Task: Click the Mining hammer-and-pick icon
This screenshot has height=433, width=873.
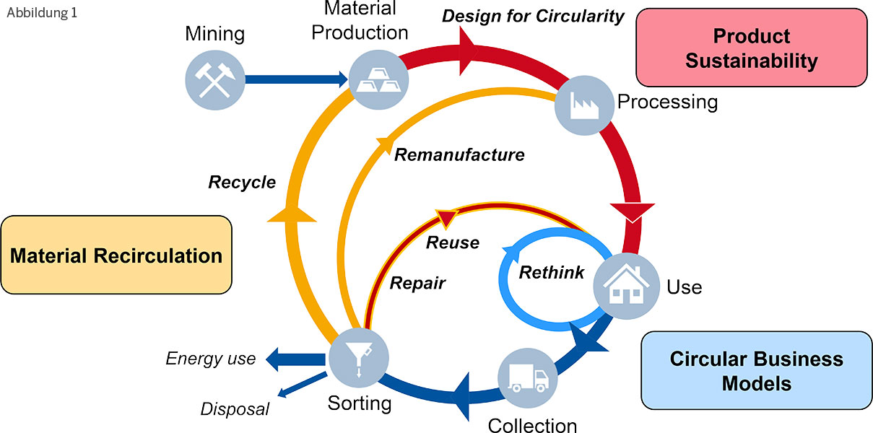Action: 215,79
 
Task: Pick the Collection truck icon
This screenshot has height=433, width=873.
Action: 528,380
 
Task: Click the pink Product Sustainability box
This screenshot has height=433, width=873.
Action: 751,48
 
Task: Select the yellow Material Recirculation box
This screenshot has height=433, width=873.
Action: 116,255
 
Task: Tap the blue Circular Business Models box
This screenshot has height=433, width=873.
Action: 756,370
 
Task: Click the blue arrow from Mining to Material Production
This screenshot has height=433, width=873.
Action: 296,79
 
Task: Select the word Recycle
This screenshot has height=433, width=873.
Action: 242,182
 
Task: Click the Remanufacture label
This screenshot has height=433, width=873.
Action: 459,154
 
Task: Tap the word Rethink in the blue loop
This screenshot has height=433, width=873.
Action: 552,273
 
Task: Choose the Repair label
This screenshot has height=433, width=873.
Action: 417,283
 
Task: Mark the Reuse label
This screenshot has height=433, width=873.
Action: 452,242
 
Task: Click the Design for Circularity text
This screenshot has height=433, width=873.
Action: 533,16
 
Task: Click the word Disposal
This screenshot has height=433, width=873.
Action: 235,409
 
